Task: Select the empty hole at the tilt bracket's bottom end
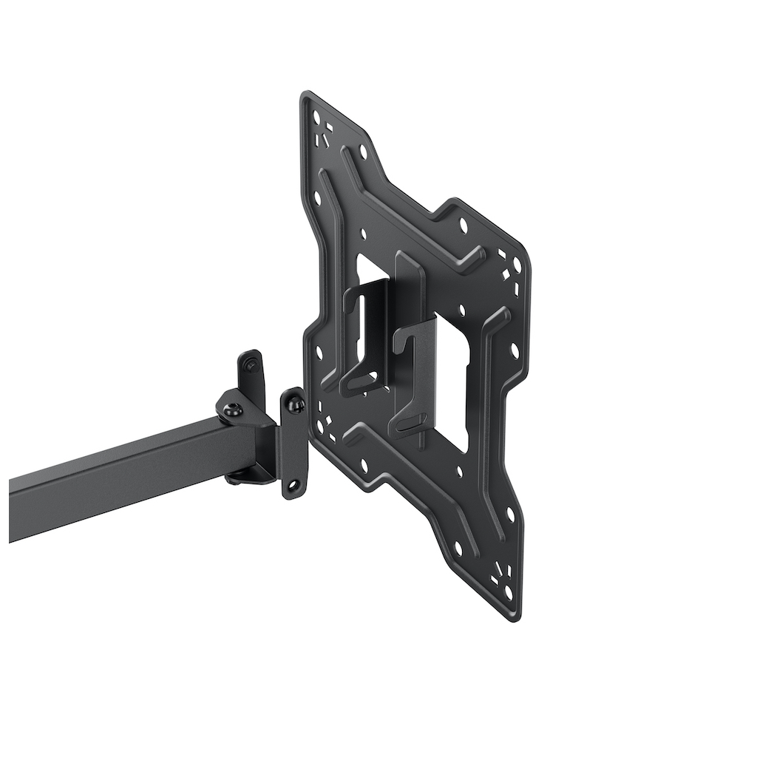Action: click(x=294, y=486)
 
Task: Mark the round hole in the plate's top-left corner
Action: click(x=316, y=117)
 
